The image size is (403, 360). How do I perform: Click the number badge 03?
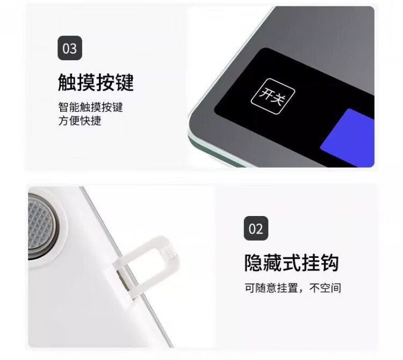[70, 48]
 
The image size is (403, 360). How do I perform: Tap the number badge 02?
[256, 228]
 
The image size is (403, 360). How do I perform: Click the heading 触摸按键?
[96, 82]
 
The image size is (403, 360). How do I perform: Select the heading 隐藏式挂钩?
[291, 263]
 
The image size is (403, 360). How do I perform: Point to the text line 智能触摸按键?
[90, 107]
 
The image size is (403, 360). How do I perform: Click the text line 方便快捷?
[80, 121]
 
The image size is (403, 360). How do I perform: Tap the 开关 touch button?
[272, 96]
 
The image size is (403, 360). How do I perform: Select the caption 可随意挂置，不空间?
[293, 288]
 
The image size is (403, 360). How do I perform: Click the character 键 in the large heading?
[125, 82]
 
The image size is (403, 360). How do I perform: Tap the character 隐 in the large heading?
[254, 263]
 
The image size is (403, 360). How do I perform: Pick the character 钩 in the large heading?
[329, 263]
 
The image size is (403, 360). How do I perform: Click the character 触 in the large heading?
[67, 82]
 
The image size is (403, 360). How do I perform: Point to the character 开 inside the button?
[267, 93]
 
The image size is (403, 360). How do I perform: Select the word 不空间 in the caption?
[325, 288]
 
